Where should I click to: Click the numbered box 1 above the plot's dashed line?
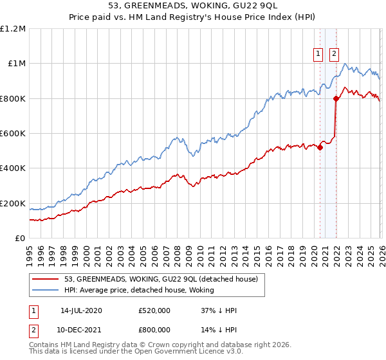319,55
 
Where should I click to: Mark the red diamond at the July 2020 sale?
320,147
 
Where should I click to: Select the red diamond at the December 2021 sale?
336,98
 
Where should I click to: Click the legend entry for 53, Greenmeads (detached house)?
161,279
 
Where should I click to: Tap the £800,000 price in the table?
154,329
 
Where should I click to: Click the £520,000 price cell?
154,310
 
